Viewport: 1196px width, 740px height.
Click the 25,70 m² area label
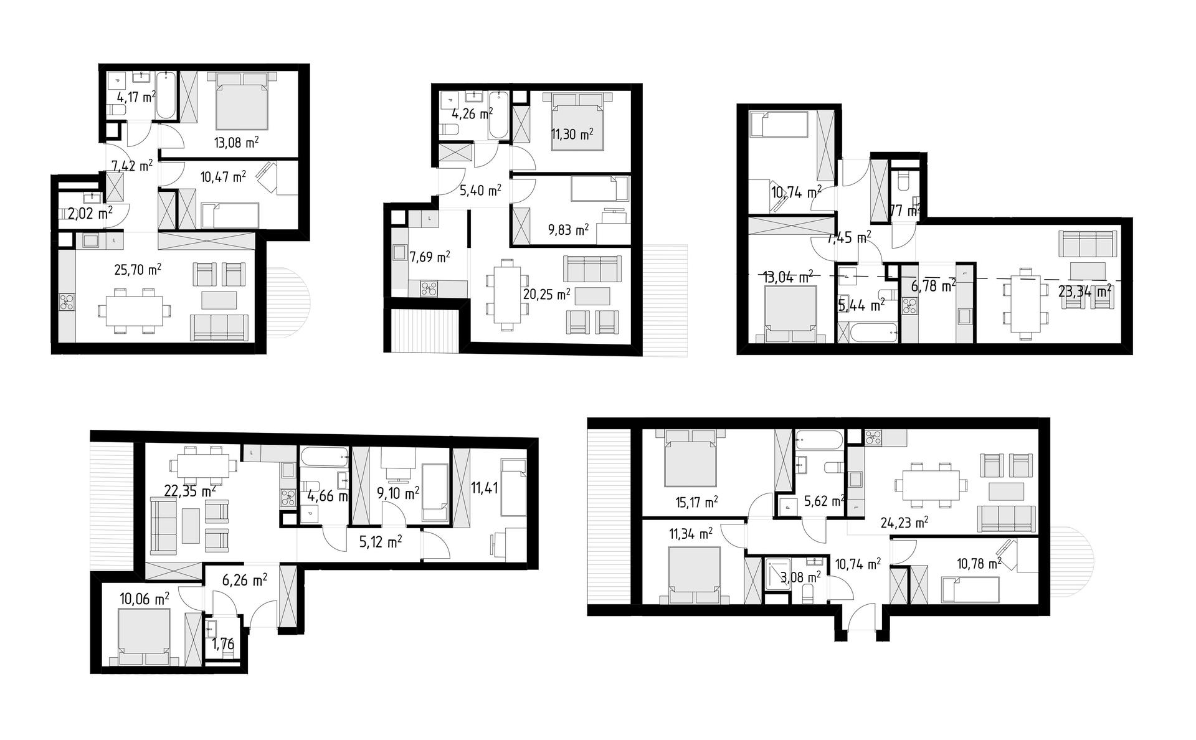tap(138, 269)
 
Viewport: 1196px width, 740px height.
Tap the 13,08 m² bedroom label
tap(236, 143)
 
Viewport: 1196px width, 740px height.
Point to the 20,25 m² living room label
tap(546, 294)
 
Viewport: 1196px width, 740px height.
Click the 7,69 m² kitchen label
tap(430, 257)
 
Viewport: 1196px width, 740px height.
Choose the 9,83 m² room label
tap(568, 230)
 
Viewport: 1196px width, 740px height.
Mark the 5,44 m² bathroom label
tap(861, 305)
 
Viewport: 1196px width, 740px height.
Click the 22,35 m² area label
tap(189, 490)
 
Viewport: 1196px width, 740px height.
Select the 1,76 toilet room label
tap(223, 644)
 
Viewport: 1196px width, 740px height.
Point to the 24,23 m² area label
tap(904, 522)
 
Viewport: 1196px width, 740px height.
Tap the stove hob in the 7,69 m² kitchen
tap(429, 288)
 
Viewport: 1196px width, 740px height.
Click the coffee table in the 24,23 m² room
tap(1006, 492)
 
